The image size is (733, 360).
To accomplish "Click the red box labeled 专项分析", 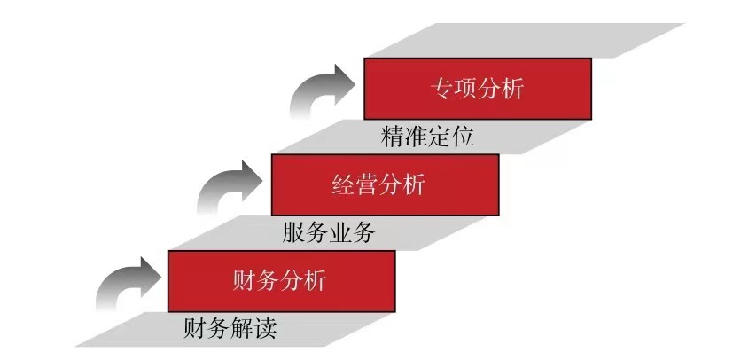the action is [477, 88].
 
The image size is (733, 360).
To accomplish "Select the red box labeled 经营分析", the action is [385, 184].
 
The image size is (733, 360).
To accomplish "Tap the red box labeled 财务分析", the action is [280, 281].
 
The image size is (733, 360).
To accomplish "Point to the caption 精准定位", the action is [428, 137].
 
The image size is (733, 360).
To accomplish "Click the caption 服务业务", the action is [329, 233].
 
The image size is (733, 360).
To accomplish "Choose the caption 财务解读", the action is [230, 330].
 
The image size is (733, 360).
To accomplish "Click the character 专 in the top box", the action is [441, 89].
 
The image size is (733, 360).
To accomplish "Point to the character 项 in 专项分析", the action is [465, 89].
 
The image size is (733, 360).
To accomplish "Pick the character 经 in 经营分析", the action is [344, 185].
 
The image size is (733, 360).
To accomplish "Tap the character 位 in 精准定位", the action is [464, 137].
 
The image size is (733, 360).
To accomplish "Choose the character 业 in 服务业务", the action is [341, 233].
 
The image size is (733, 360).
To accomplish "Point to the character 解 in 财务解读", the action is [243, 330].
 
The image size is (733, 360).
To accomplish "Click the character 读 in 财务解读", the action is [266, 330].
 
